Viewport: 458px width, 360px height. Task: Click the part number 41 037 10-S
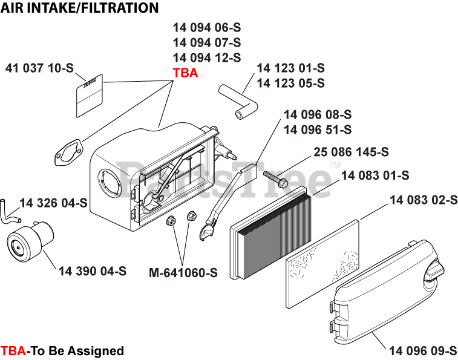tap(39, 68)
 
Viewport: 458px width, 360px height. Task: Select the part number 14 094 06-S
tap(207, 27)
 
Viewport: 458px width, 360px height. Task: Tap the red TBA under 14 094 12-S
tap(185, 73)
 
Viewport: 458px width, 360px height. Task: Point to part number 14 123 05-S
tap(290, 83)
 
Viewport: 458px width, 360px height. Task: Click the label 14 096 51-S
tap(317, 129)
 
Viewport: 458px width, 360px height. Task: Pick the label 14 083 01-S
tap(375, 175)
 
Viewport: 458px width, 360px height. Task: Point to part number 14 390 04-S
tap(93, 271)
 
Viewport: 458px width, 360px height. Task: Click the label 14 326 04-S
tap(54, 202)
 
